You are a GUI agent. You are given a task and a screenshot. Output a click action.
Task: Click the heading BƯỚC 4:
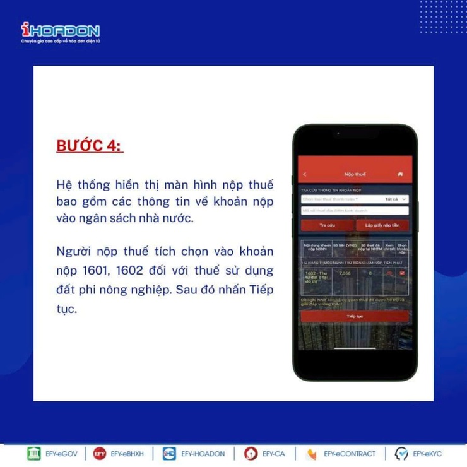[x=90, y=146]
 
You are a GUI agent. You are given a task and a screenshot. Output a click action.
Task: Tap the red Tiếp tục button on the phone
[x=354, y=316]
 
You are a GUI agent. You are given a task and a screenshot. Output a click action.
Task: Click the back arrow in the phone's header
[x=305, y=174]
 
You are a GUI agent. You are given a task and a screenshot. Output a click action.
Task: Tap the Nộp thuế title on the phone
[x=354, y=174]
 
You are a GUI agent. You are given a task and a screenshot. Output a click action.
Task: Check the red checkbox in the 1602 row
[x=401, y=273]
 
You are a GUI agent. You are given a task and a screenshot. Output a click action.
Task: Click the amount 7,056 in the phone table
[x=345, y=273]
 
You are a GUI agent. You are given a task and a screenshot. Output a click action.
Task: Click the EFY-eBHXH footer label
[x=127, y=454]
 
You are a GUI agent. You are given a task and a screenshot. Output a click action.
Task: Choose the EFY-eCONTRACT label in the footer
[x=349, y=454]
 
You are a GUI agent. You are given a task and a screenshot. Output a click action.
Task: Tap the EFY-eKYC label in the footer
[x=427, y=454]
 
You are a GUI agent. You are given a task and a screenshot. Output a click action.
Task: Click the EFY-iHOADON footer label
[x=203, y=454]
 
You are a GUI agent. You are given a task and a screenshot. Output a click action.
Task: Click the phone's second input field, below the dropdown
[x=354, y=211]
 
